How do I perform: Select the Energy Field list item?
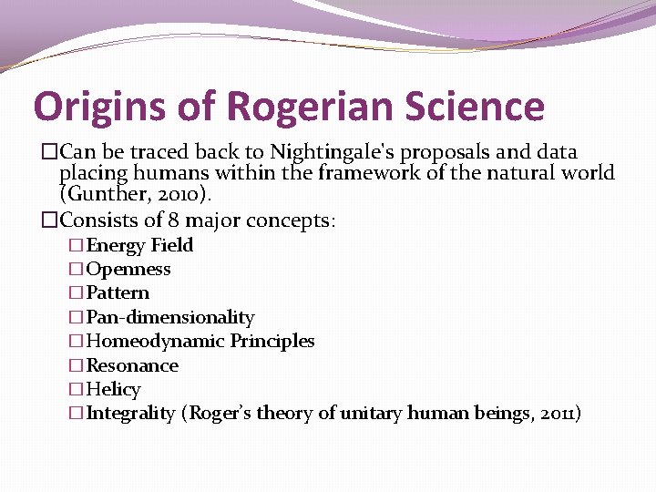coord(139,245)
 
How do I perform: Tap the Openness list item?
coord(128,269)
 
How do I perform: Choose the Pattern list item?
coord(118,292)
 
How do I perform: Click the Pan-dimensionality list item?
coord(170,317)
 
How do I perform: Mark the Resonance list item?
coord(132,365)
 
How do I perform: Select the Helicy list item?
coord(113,389)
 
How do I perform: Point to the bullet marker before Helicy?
coord(77,389)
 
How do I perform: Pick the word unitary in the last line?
coord(371,414)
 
